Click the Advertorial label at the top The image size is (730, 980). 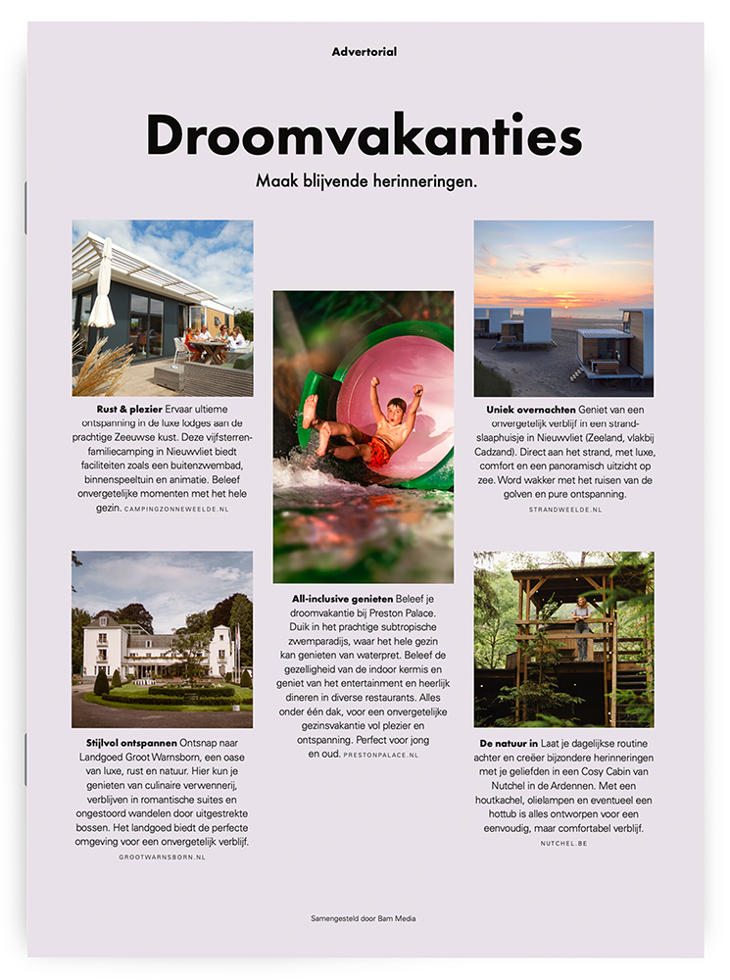click(365, 52)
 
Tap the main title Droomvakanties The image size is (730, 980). click(365, 135)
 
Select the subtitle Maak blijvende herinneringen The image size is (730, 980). click(365, 181)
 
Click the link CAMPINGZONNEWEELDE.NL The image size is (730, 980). click(176, 510)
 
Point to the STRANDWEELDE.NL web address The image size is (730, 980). click(563, 511)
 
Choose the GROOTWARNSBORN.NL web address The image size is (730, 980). click(162, 857)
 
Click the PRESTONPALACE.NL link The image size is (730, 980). click(380, 756)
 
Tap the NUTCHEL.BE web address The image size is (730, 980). click(563, 843)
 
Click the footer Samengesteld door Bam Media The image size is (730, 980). click(365, 918)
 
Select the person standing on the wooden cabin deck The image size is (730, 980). click(583, 624)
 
